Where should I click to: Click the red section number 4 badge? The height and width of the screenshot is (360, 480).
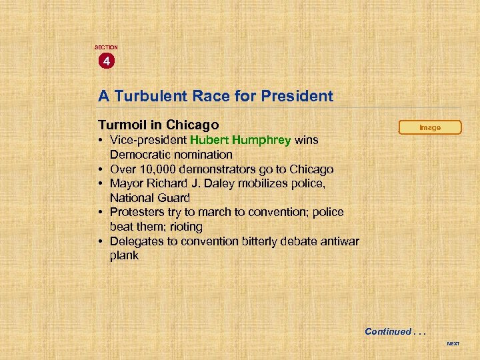(x=105, y=61)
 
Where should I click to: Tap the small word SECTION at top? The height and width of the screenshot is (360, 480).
(x=106, y=47)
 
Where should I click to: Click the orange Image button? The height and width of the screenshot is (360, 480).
(x=430, y=127)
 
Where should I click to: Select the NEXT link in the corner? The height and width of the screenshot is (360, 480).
(x=453, y=344)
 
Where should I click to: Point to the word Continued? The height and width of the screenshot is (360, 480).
(x=388, y=331)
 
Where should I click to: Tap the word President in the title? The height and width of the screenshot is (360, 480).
(x=299, y=96)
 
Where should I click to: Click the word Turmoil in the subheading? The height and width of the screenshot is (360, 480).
(x=123, y=125)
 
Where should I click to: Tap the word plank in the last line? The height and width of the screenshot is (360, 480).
(x=124, y=255)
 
